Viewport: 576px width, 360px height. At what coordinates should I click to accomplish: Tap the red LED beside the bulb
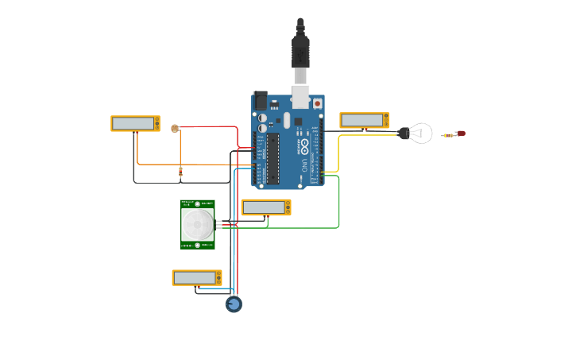click(461, 134)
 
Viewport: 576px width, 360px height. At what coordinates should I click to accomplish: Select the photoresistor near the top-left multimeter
click(175, 128)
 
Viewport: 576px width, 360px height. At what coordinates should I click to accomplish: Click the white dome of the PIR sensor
click(197, 226)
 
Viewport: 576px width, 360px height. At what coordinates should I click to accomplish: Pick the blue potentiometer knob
click(234, 304)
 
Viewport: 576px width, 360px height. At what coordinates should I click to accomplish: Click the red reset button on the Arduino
click(318, 103)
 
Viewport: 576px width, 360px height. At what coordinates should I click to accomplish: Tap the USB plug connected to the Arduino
click(300, 56)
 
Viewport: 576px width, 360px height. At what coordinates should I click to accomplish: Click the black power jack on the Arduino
click(261, 101)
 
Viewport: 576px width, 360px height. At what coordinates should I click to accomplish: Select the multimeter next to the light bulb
click(364, 120)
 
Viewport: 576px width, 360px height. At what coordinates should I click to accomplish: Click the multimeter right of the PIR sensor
click(266, 207)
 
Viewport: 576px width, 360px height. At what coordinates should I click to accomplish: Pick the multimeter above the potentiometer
click(197, 277)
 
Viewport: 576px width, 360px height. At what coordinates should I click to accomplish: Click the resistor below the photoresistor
click(180, 170)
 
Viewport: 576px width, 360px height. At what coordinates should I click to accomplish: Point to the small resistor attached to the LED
click(450, 135)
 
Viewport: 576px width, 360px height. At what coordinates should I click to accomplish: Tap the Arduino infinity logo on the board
click(303, 146)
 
